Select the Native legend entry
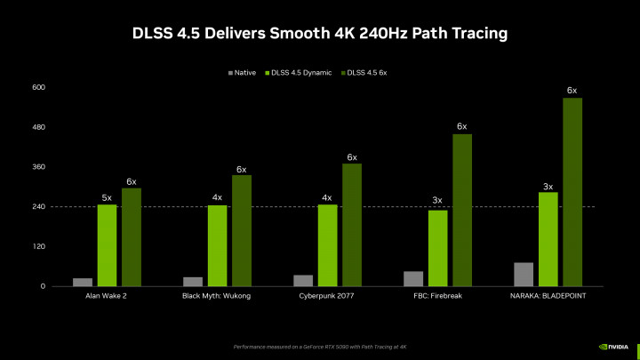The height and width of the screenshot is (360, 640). point(242,71)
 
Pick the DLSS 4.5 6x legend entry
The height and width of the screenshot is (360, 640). point(365,71)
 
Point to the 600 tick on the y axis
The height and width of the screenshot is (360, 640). point(38,87)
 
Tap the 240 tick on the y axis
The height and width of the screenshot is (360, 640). point(38,206)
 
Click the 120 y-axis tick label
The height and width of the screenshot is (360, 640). point(38,246)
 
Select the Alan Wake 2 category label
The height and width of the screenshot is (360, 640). point(107,296)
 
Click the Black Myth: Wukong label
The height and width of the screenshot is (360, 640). point(217,296)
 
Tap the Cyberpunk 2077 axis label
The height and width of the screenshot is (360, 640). point(327,296)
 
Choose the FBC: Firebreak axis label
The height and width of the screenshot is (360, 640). point(437,296)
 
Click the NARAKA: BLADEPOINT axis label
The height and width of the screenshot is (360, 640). point(548,296)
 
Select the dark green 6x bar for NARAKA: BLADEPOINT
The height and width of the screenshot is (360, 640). point(572,192)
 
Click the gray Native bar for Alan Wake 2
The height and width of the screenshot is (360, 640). point(83,282)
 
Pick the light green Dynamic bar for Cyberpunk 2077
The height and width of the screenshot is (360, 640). point(327,245)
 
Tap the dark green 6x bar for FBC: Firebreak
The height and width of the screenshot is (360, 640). point(461,210)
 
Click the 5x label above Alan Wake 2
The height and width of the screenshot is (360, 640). point(107,197)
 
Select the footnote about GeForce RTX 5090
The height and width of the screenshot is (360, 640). point(320,345)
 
